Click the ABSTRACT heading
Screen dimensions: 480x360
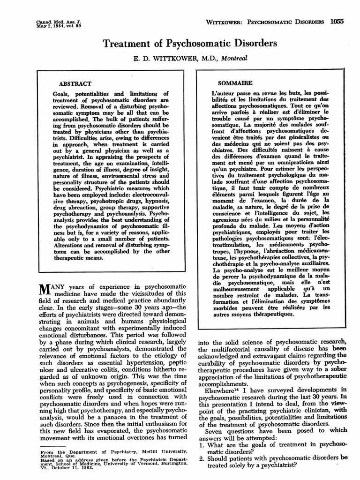click(x=72, y=83)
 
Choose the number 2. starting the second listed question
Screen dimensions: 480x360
click(x=201, y=459)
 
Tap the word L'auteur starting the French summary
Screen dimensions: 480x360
click(x=223, y=92)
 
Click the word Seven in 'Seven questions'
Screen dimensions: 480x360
click(x=215, y=431)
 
